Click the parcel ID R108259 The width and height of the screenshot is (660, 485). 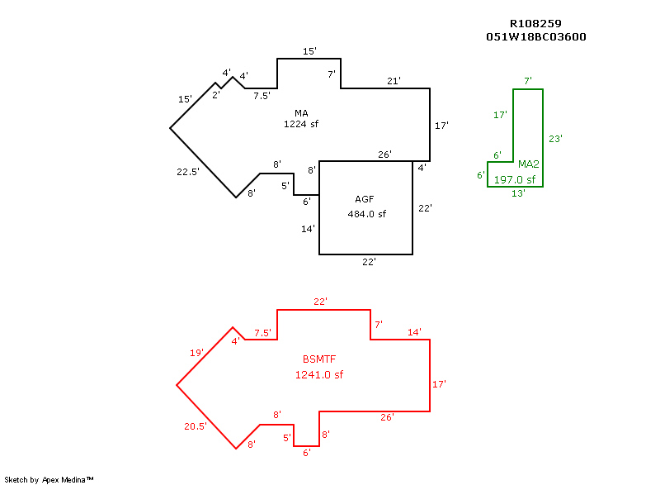(536, 24)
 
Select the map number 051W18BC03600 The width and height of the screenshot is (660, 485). (536, 37)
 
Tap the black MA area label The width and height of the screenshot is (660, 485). (301, 112)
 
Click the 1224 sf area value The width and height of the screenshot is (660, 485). (301, 125)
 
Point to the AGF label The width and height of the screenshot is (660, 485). (365, 199)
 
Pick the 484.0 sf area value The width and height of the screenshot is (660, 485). (367, 214)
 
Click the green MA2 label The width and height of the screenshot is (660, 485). (528, 164)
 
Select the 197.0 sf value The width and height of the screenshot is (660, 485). (515, 179)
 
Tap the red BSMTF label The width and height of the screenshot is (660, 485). (319, 359)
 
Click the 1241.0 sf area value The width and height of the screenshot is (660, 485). (319, 374)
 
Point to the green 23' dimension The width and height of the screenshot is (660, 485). (555, 139)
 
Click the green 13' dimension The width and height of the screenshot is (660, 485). (518, 193)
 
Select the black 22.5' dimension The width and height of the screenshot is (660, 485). (188, 172)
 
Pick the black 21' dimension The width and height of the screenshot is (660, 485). (394, 81)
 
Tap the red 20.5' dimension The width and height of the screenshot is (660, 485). (195, 426)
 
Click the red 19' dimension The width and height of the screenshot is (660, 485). (196, 353)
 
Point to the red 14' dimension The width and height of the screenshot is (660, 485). (414, 332)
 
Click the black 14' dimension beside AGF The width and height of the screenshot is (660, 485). (308, 229)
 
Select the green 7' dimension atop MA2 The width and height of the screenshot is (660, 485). (528, 80)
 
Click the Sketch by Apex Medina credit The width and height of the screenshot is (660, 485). (49, 479)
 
